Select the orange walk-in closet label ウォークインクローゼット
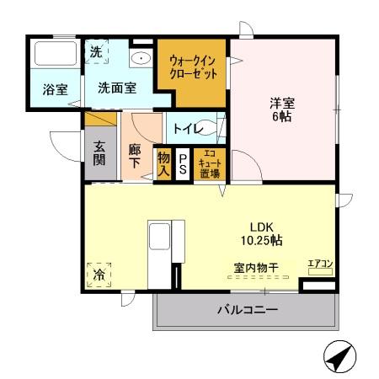click(x=193, y=67)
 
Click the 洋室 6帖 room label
click(x=280, y=109)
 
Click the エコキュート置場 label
click(x=209, y=163)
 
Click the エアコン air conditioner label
click(x=320, y=264)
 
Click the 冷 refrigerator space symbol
click(x=99, y=274)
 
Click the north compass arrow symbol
click(x=339, y=358)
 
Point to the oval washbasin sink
click(x=141, y=58)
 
